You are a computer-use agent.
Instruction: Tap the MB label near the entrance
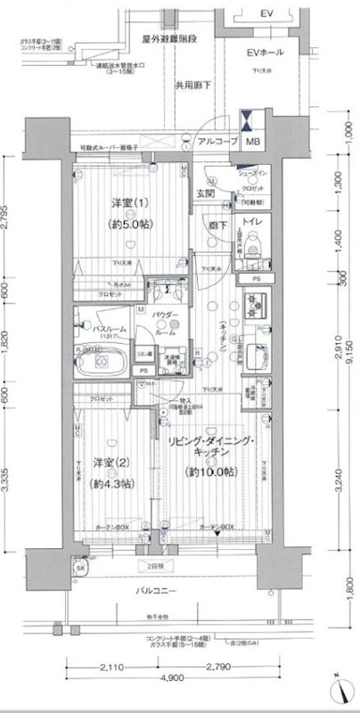pos(254,143)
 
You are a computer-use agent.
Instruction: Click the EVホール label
pos(265,53)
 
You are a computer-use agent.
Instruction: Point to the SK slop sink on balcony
pos(79,569)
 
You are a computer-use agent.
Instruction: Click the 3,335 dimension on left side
pos(7,477)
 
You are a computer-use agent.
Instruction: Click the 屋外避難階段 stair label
pos(174,40)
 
